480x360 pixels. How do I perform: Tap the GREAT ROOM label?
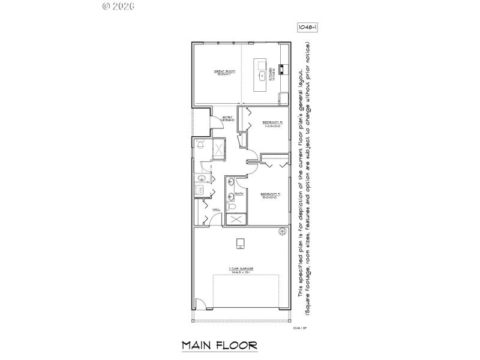tap(224, 73)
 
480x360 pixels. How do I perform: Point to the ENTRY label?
tap(227, 118)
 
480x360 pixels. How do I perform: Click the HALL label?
tap(217, 209)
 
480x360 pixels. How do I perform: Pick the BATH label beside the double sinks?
tap(239, 194)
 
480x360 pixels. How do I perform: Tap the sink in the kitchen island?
tap(263, 76)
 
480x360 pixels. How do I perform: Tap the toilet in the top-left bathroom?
tap(201, 144)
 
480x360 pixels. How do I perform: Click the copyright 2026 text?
tap(118, 6)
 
